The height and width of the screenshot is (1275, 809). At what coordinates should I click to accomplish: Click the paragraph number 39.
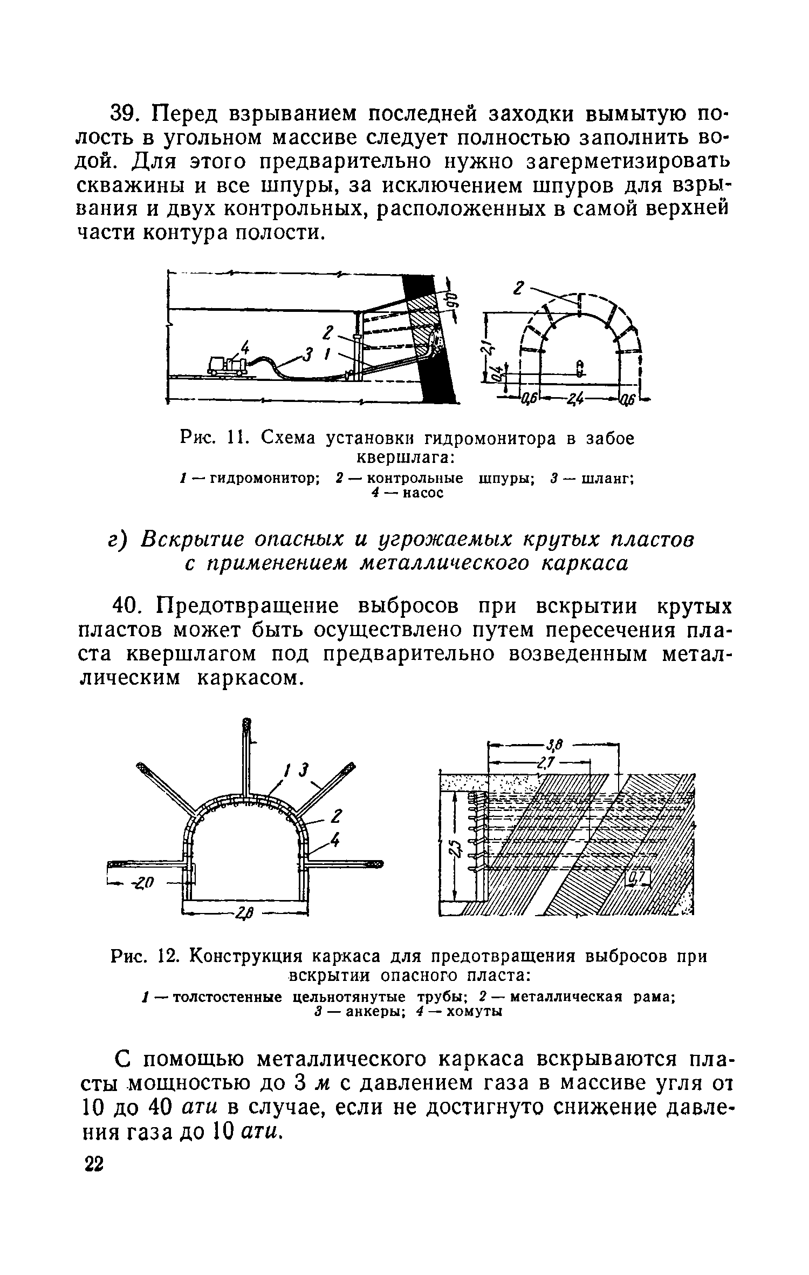point(127,114)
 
